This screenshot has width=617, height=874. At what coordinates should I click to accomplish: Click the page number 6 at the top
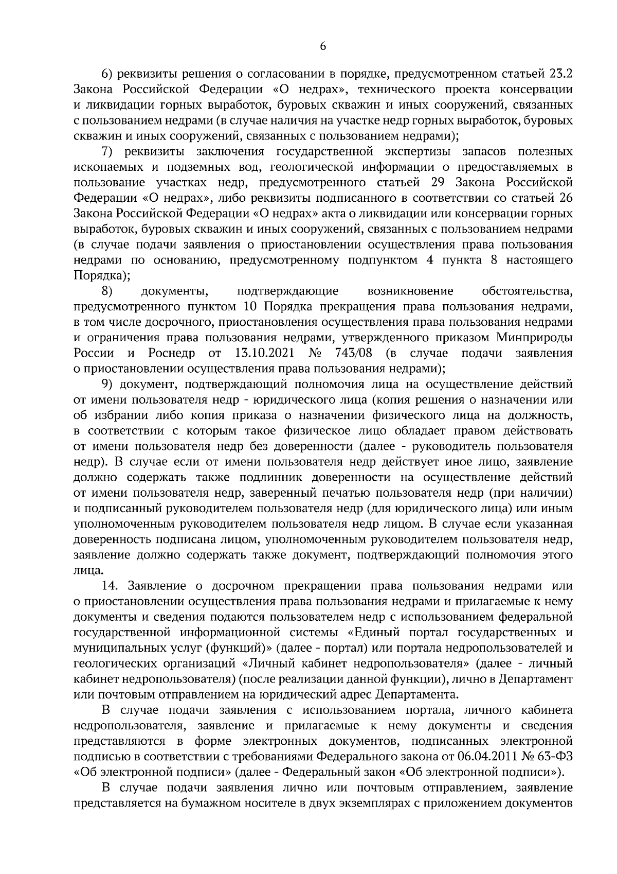point(323,46)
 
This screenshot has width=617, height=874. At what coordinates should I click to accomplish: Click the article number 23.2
point(560,74)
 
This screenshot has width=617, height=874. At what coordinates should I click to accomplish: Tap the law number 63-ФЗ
point(556,757)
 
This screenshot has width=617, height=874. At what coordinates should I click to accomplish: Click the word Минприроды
point(535,338)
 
